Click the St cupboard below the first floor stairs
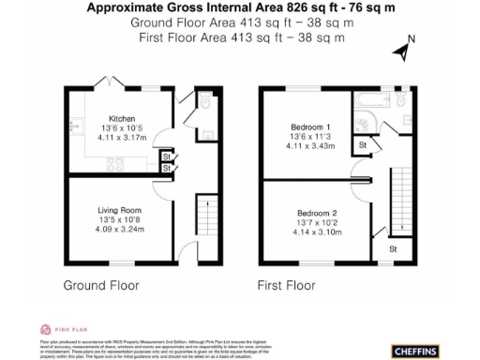coord(393,249)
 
